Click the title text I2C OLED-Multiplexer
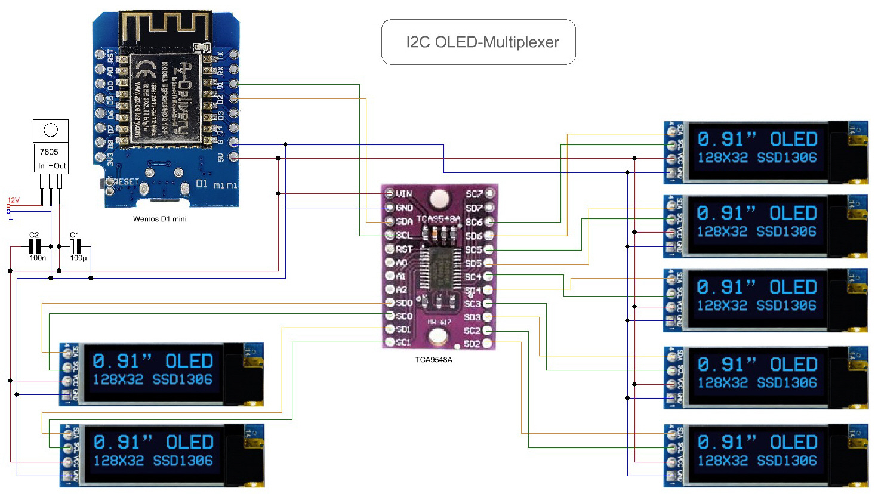pos(482,42)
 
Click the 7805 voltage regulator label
pos(49,152)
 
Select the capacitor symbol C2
pos(35,246)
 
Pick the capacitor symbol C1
pos(75,246)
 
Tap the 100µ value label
pos(78,258)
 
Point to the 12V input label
pos(13,200)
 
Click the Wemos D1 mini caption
pos(159,219)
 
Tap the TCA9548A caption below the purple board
pos(434,360)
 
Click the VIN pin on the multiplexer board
pos(390,193)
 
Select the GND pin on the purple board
pos(390,208)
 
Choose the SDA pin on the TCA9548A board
pos(390,221)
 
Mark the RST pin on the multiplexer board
pos(390,249)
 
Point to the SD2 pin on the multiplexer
pos(488,343)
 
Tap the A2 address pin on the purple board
pos(390,289)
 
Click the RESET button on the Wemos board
pos(109,183)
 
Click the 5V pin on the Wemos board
pos(233,157)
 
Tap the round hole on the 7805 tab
pos(51,129)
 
